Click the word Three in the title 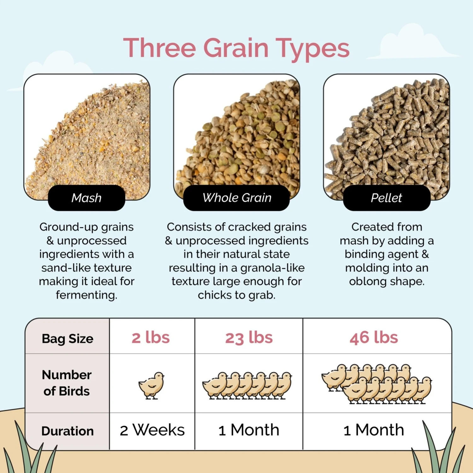(160, 48)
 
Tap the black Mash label (86, 198)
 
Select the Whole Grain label (237, 198)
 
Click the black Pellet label (386, 198)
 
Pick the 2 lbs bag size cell (151, 338)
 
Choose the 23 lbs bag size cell (249, 338)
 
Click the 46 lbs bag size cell (374, 338)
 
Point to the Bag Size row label (67, 339)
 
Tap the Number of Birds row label (67, 383)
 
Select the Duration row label (67, 431)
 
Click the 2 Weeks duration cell (152, 430)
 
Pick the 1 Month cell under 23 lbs (249, 430)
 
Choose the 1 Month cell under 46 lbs (374, 430)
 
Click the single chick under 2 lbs (152, 385)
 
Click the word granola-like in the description (272, 268)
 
